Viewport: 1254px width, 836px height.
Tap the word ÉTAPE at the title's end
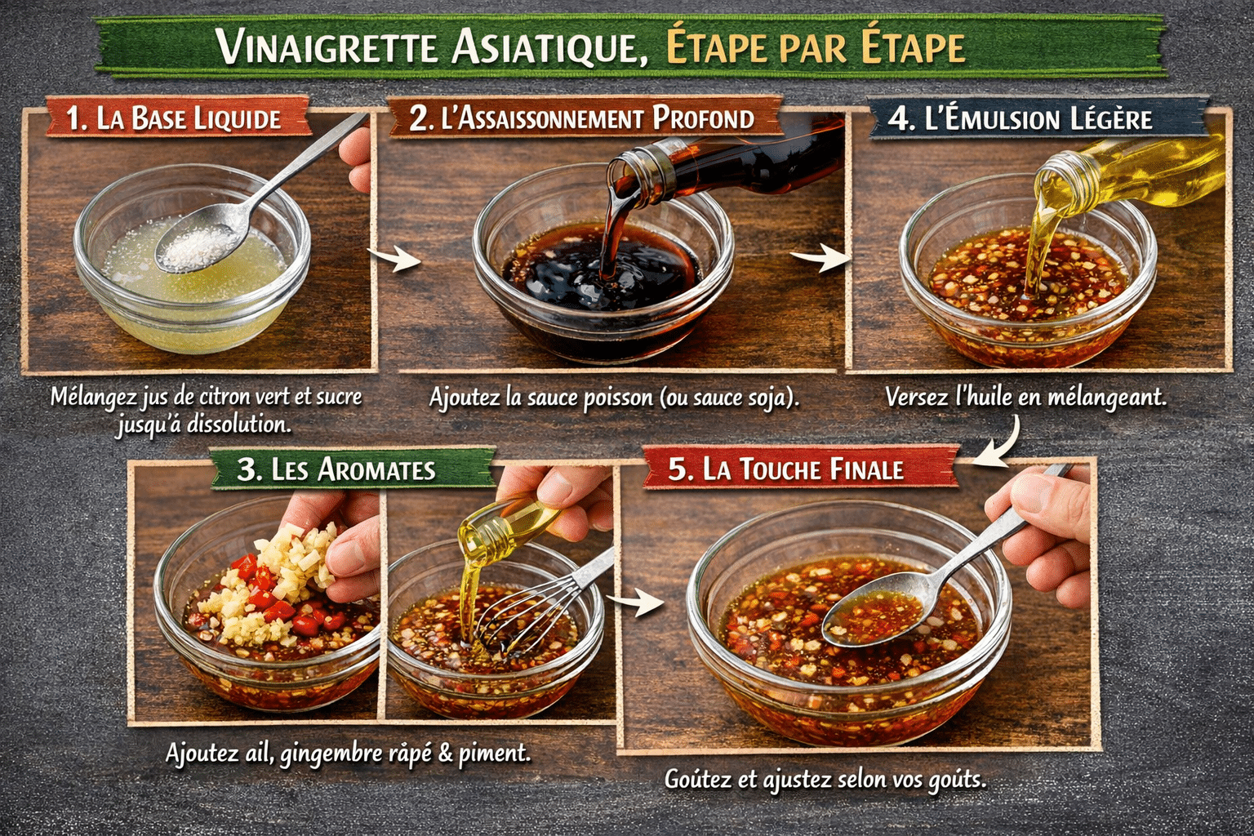[914, 47]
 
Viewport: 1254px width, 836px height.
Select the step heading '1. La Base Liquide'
[173, 119]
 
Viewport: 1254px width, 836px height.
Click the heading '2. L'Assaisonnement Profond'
[581, 119]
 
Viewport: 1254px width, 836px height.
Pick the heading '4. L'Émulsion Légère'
[1021, 119]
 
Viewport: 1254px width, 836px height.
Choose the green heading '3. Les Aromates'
[336, 469]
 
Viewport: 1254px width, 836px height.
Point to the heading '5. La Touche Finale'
[785, 469]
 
